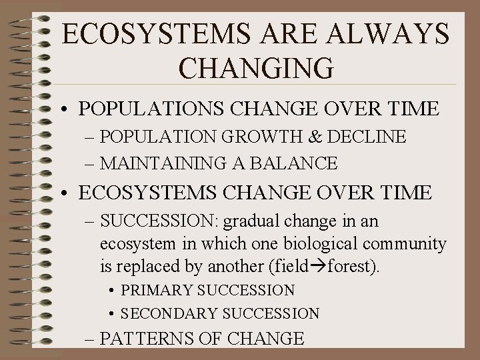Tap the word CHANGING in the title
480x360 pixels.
click(256, 69)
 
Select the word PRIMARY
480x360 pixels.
click(157, 291)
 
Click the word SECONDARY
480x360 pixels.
click(168, 313)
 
